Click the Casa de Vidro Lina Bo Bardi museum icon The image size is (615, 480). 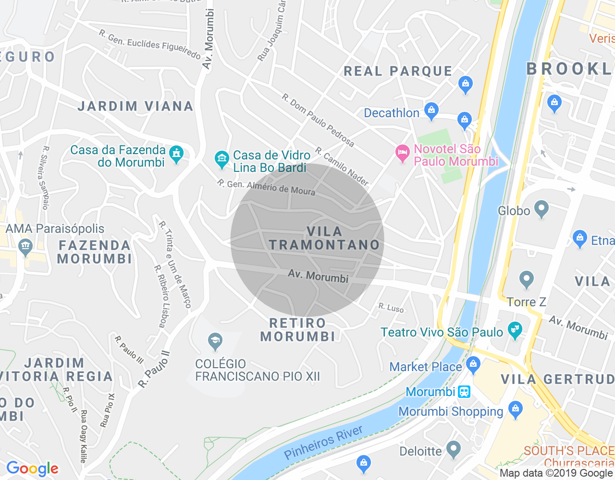click(x=221, y=159)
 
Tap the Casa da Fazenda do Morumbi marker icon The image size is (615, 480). click(x=176, y=154)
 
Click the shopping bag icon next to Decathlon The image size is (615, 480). click(x=431, y=111)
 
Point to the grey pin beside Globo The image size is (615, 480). click(x=541, y=209)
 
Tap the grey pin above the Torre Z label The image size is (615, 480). click(x=527, y=279)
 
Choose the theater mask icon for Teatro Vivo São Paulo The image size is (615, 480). click(x=515, y=331)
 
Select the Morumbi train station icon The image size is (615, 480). click(x=464, y=392)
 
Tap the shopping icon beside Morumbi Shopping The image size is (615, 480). click(x=515, y=410)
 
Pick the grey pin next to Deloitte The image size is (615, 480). click(x=453, y=450)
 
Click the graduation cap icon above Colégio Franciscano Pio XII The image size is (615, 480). click(x=215, y=342)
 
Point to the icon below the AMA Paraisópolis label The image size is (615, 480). click(x=25, y=247)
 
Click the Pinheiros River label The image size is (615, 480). click(x=323, y=442)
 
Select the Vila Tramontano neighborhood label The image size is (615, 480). click(x=324, y=238)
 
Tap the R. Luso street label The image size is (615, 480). click(x=391, y=308)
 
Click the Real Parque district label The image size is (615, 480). click(x=398, y=71)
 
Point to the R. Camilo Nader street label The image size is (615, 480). click(x=342, y=167)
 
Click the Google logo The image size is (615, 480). click(x=32, y=468)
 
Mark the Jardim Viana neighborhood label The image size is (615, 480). click(x=135, y=106)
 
